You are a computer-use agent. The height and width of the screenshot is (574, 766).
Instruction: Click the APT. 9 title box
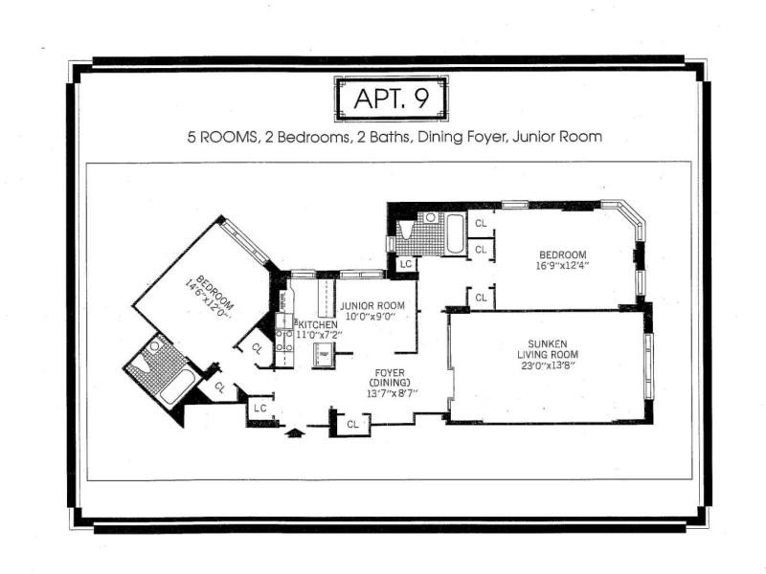(x=391, y=99)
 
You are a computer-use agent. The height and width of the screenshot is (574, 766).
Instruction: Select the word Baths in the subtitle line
(x=390, y=137)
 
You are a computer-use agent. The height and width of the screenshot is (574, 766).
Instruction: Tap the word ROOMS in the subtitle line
(x=228, y=137)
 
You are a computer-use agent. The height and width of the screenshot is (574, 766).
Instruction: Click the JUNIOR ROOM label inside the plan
(x=372, y=306)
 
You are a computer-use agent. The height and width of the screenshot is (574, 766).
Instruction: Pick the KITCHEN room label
(x=318, y=324)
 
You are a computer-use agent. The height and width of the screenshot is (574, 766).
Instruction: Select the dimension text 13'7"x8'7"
(x=393, y=394)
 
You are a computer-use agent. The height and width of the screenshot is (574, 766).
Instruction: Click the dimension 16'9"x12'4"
(x=562, y=266)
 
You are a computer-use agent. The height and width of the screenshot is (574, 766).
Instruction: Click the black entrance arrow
(x=295, y=432)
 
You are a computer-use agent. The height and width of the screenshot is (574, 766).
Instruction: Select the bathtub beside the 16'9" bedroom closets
(x=456, y=233)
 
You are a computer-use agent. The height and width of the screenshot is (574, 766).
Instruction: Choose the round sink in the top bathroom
(x=430, y=217)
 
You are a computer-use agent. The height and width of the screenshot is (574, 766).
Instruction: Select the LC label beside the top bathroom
(x=406, y=265)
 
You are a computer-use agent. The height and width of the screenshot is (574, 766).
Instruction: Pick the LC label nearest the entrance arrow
(x=259, y=408)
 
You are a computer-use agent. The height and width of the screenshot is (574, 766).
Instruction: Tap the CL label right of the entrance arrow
(x=352, y=425)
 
